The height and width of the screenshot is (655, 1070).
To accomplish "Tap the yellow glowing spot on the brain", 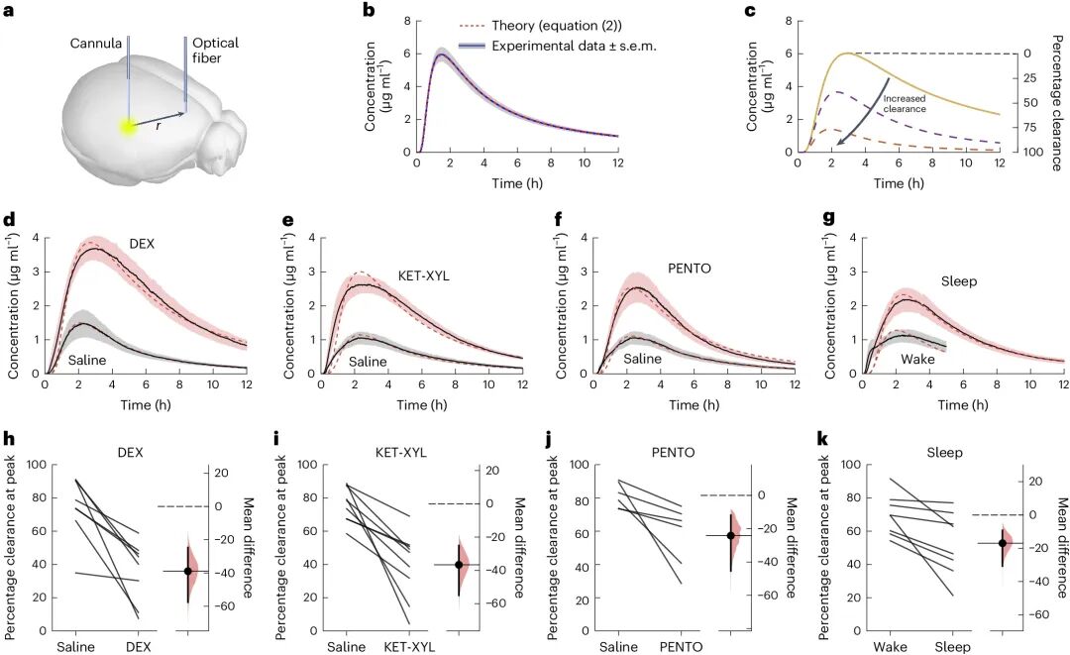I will coord(128,126).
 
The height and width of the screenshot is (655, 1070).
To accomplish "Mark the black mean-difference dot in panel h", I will coord(187,571).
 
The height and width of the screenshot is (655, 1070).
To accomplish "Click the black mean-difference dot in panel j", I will coord(731,535).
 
